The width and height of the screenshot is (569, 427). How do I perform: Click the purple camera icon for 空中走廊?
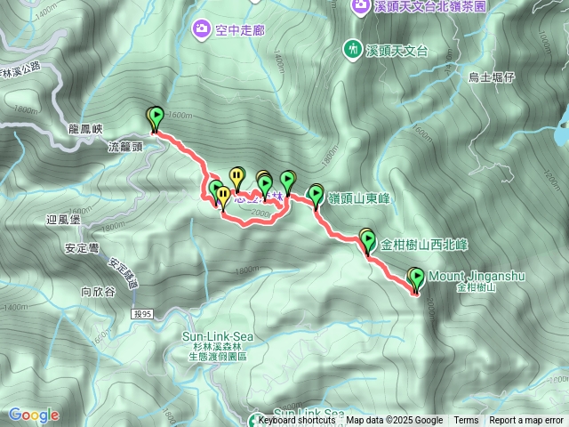click(202, 30)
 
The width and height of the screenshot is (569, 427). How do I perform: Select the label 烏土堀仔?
click(492, 77)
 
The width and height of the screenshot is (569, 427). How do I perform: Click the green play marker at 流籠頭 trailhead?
click(156, 117)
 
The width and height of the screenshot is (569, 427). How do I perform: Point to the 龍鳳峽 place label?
click(86, 128)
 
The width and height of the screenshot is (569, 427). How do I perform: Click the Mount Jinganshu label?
click(476, 277)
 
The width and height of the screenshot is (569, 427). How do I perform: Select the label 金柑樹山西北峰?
click(424, 243)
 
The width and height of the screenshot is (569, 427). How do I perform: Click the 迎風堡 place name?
click(64, 219)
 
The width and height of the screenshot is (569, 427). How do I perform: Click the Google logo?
click(34, 415)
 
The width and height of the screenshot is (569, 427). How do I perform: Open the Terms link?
click(466, 421)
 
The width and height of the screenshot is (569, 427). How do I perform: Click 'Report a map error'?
click(526, 421)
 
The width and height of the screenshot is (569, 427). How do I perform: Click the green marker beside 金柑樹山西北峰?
click(368, 239)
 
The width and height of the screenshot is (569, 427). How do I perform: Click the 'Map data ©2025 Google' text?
click(395, 421)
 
